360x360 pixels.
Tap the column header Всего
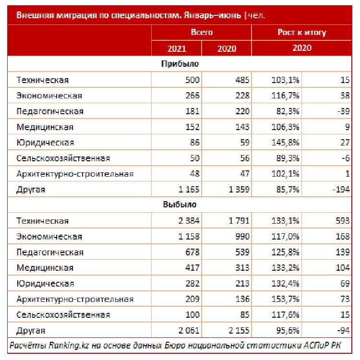point(202,33)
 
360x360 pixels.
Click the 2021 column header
point(177,48)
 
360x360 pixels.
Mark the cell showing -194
point(341,190)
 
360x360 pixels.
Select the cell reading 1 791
point(238,221)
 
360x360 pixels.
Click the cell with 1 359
point(238,190)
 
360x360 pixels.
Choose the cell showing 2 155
point(238,331)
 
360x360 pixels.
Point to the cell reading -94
point(344,331)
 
